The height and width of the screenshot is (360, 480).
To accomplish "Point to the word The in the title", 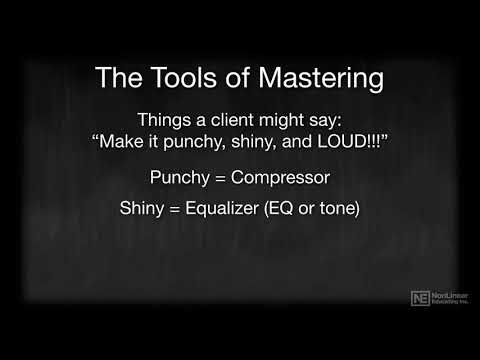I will tap(113, 78).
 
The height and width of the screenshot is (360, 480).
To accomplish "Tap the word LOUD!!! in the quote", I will tap(354, 143).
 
